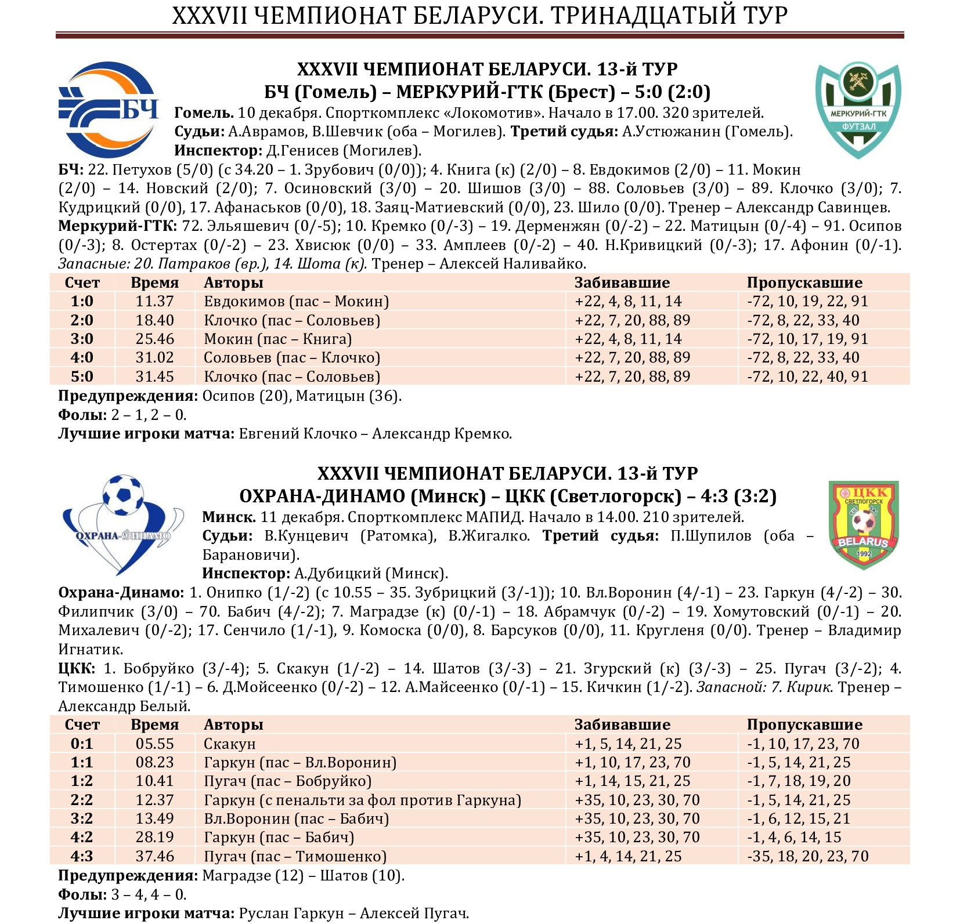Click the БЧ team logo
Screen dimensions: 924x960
tap(109, 110)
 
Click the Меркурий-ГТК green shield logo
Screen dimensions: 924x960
tap(858, 110)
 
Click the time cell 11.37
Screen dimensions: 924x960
tap(154, 302)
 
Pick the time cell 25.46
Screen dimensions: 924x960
tap(154, 339)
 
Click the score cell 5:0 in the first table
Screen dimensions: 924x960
tap(82, 377)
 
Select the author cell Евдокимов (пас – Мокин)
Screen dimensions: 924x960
tap(296, 302)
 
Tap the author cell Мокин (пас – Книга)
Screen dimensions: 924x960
tap(277, 339)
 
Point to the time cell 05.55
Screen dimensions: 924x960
tap(154, 744)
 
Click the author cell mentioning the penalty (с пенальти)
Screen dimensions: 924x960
tap(362, 800)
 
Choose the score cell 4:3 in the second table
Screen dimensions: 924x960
tap(82, 857)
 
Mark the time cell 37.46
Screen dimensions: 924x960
tap(154, 857)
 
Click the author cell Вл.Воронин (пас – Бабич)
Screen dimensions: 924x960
tap(296, 819)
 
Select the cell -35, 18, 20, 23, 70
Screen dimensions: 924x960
tap(807, 857)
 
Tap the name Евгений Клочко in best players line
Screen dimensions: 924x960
tap(298, 434)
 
